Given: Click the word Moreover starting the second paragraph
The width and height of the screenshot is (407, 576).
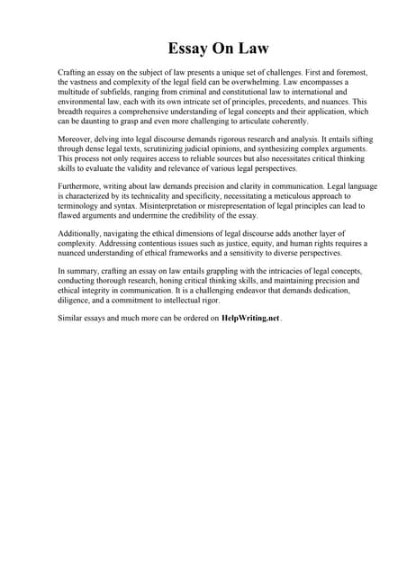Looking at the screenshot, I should coord(77,142).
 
